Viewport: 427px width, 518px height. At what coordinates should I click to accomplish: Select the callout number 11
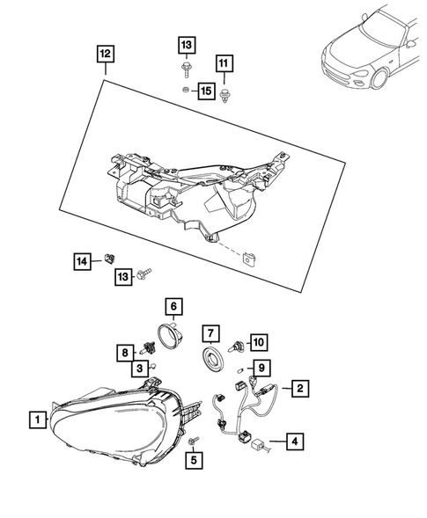pyautogui.click(x=223, y=62)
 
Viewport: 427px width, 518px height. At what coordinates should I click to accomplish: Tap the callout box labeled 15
pyautogui.click(x=206, y=91)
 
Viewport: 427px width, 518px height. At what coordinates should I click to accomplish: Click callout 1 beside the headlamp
pyautogui.click(x=37, y=420)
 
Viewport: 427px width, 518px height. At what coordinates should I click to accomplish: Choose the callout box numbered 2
pyautogui.click(x=300, y=386)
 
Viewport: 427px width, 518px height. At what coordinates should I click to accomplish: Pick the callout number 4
pyautogui.click(x=295, y=442)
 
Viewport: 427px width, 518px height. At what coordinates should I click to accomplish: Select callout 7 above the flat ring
pyautogui.click(x=210, y=333)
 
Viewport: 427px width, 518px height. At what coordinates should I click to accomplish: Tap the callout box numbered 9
pyautogui.click(x=261, y=367)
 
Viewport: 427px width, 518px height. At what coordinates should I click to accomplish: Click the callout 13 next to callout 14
pyautogui.click(x=122, y=277)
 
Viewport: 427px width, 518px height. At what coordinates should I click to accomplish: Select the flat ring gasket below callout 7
pyautogui.click(x=211, y=360)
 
